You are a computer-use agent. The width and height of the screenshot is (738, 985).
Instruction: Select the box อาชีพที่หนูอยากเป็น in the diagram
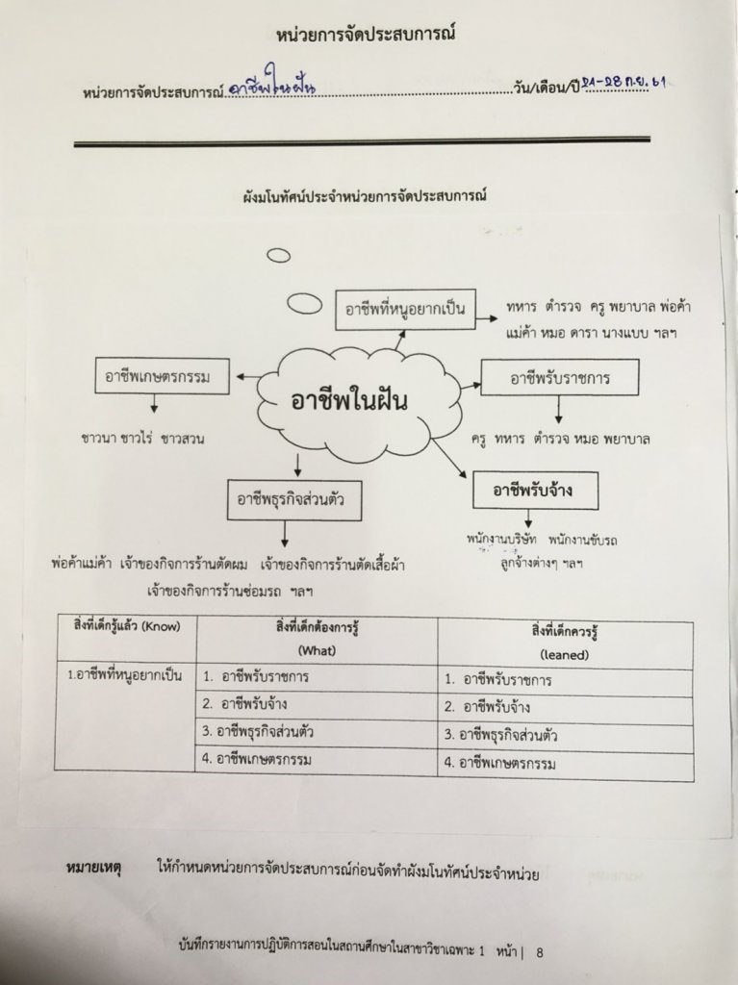[404, 309]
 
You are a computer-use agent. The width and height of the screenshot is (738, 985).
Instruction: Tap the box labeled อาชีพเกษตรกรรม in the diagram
[165, 376]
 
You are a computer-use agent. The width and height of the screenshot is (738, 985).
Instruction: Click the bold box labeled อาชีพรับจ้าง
[533, 491]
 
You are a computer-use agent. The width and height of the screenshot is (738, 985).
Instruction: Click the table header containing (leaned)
[564, 639]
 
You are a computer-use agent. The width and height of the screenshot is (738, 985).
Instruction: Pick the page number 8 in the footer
[540, 953]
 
